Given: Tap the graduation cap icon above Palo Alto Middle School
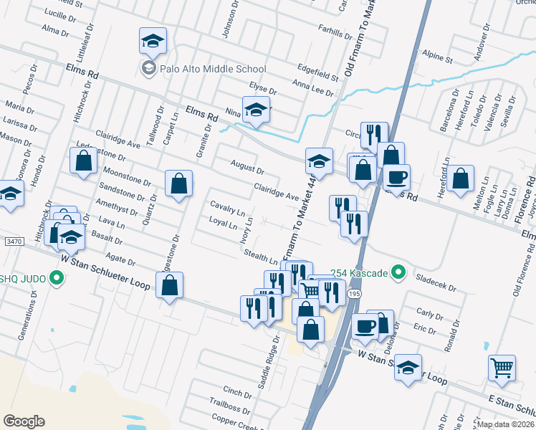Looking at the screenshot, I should pos(152,42).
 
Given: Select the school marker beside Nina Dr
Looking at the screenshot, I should pos(256,110).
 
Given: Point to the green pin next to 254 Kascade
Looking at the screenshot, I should pos(401,273).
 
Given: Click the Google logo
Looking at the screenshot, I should pos(24,421).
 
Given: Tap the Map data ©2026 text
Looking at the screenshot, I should pos(506,424).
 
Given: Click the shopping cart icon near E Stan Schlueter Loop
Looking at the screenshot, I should pos(502,368).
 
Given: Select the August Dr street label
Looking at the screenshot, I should pos(247,168).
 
